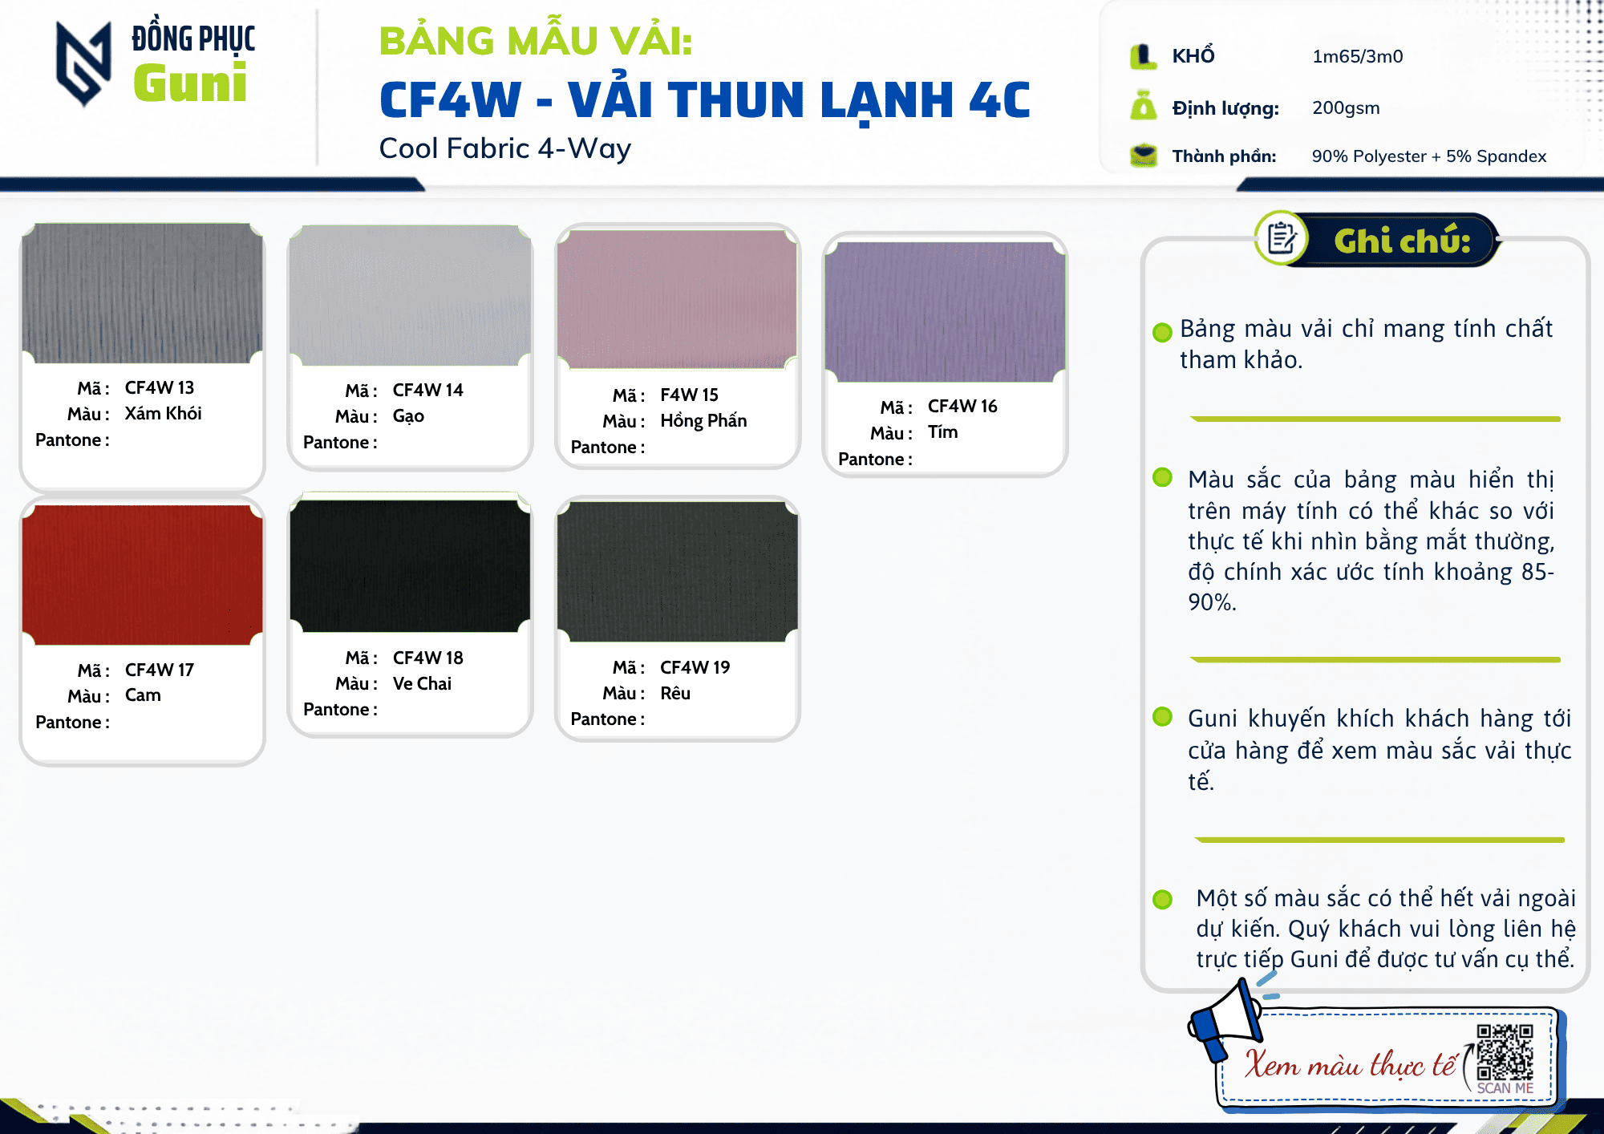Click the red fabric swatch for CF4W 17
pos(143,574)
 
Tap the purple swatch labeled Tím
pos(946,312)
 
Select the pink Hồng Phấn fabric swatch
pos(678,299)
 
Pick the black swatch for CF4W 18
pos(411,566)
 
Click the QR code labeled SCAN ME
pos(1505,1052)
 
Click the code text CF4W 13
pos(160,387)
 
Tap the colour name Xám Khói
pos(163,413)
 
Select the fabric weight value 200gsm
pos(1346,107)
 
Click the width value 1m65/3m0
pos(1358,56)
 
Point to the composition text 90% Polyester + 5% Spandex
pos(1429,156)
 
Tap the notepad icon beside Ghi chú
pos(1281,238)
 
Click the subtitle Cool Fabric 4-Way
pos(505,148)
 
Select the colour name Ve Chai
pos(422,683)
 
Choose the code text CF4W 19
pos(695,667)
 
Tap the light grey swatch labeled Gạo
pos(411,295)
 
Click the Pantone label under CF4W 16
pos(875,459)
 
